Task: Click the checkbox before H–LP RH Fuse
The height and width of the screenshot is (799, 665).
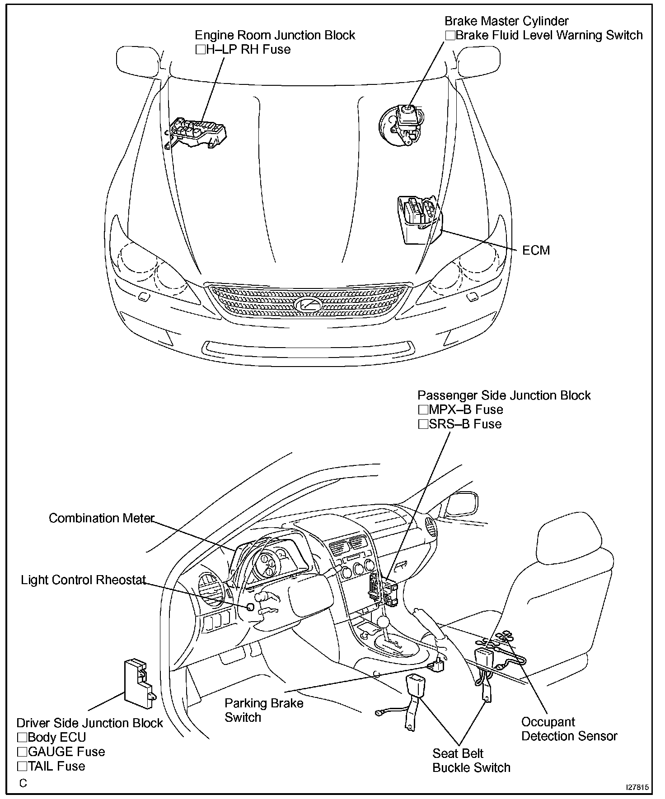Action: point(200,50)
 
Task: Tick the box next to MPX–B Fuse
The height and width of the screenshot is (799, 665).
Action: point(423,410)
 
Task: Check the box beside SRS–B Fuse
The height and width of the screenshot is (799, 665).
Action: point(423,424)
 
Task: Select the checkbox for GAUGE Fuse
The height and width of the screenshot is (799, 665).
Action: point(22,752)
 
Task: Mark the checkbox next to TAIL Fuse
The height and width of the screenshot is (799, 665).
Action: point(22,766)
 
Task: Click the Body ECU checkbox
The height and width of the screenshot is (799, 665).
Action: point(22,738)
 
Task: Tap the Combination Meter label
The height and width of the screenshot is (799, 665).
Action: point(101,518)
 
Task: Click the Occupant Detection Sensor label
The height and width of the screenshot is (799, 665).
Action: point(569,729)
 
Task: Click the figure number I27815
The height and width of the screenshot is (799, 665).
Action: point(637,787)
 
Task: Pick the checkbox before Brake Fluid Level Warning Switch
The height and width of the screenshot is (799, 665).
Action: point(450,35)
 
